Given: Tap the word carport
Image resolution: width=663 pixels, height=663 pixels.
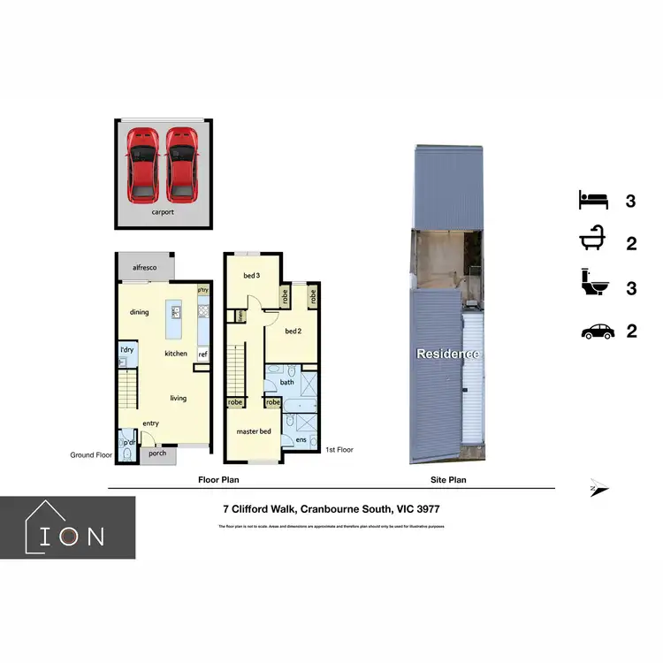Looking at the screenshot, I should pos(162,213).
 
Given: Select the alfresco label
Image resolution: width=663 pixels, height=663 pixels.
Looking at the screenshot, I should pos(145,266).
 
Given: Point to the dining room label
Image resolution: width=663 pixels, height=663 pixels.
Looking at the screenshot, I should pos(140,312).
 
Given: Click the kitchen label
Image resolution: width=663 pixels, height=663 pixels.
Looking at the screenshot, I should pos(176,354).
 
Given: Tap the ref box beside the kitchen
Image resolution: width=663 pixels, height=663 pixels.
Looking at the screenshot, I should pos(202,354).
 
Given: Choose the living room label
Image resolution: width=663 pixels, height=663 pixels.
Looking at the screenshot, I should pos(179,399).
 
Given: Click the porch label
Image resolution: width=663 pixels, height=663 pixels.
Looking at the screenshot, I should pos(157,454).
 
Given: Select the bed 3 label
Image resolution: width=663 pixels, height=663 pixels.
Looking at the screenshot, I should pos(251,276).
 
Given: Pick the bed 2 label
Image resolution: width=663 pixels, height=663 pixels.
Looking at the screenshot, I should pos(294,331).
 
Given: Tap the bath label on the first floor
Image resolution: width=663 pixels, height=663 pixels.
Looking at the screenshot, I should pos(287,383).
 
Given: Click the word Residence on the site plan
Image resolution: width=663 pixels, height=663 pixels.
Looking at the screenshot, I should pos(449,354).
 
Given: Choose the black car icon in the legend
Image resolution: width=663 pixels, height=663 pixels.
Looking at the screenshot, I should pos(597,331).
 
